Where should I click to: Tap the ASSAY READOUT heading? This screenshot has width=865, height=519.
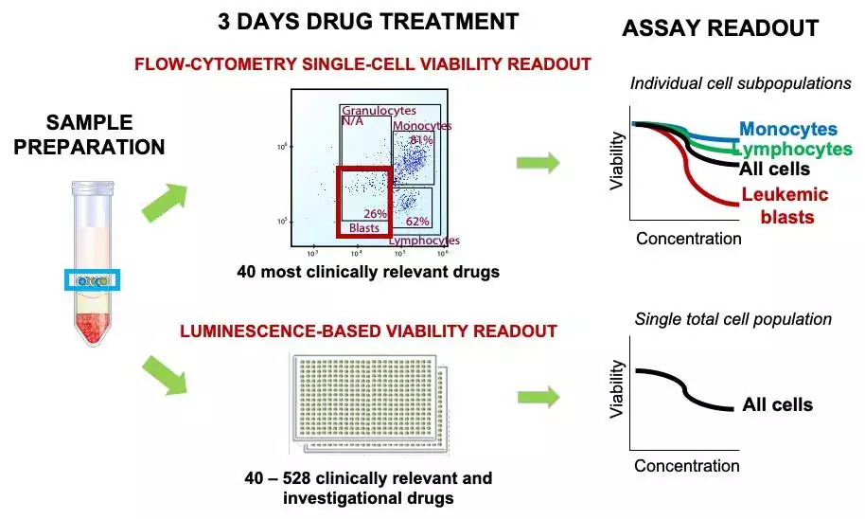[719, 29]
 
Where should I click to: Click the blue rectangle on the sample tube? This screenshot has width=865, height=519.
[92, 279]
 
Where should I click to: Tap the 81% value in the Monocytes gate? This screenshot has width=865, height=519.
[421, 140]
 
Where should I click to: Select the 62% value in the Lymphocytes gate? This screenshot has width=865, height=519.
[417, 222]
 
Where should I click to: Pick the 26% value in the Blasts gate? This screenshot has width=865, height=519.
[376, 214]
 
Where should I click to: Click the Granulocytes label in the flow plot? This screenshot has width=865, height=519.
[379, 111]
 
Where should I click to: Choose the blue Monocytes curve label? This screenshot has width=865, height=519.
[788, 130]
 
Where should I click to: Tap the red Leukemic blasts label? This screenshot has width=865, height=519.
[786, 206]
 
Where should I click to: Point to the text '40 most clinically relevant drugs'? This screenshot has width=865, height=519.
[368, 272]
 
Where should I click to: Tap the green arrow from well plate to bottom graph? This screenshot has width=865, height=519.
[538, 397]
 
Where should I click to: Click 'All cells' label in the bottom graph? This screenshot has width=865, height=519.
[777, 405]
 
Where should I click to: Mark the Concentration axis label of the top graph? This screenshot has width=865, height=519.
[688, 239]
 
